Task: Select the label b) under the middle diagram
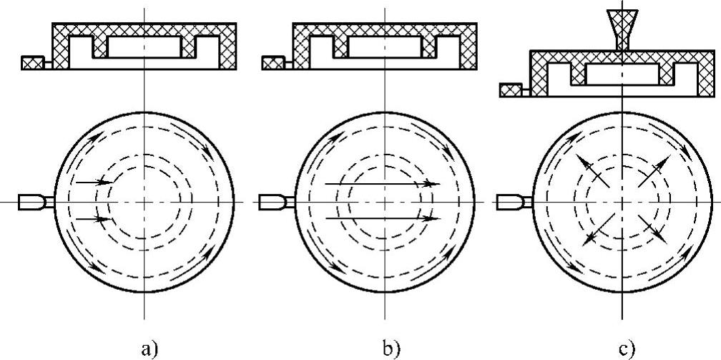tap(391, 349)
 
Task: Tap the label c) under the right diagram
tap(627, 349)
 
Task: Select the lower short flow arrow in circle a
tap(92, 218)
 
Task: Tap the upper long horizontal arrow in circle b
tap(382, 183)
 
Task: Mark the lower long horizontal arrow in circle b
tap(382, 218)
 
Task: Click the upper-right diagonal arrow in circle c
tap(653, 172)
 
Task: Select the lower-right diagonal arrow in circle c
tap(652, 230)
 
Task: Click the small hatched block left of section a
tap(32, 63)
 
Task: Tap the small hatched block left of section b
tap(273, 63)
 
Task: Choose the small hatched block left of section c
tap(510, 90)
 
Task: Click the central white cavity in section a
tap(144, 48)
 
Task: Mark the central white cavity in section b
tap(385, 48)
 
